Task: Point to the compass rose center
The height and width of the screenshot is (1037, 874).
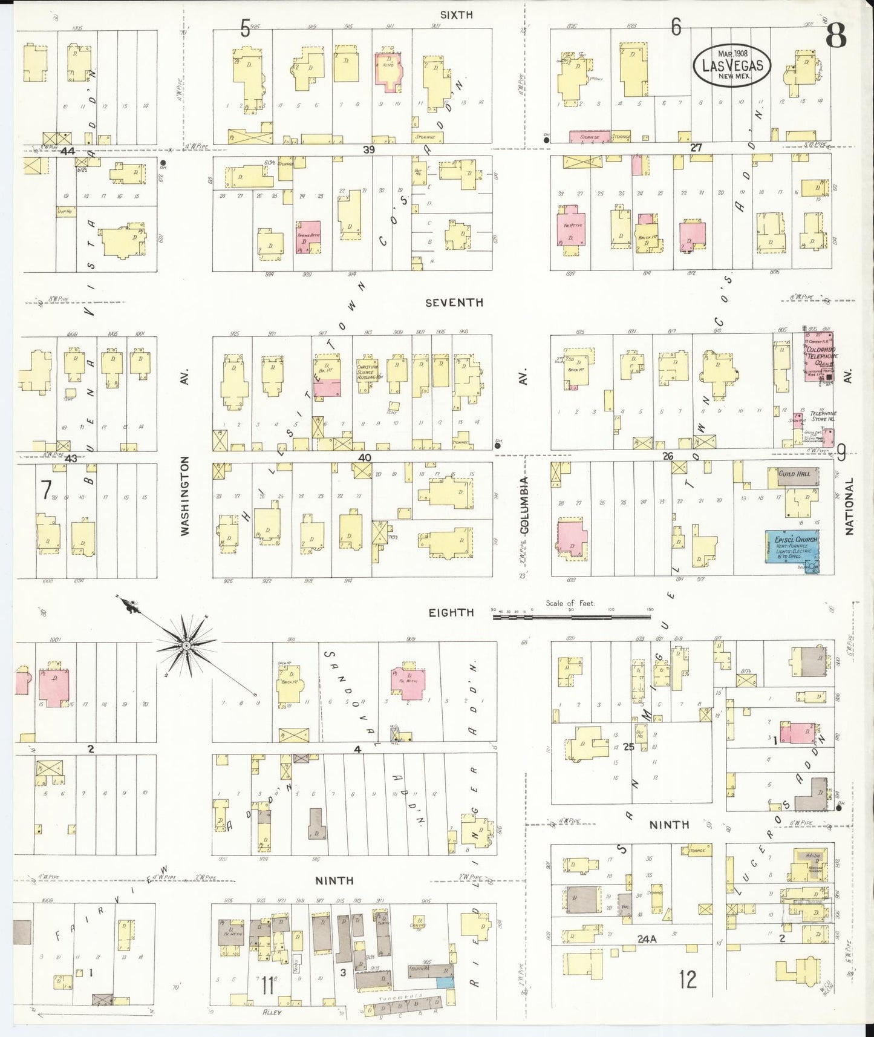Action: pos(187,646)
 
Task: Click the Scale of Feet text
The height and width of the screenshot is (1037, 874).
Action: pos(570,603)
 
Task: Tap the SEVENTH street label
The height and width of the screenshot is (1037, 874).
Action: pos(454,303)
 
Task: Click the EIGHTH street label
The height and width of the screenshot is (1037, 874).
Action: pos(451,612)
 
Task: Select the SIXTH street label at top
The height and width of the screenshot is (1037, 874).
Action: pos(456,15)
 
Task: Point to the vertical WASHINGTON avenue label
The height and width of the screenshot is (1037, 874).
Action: pos(185,495)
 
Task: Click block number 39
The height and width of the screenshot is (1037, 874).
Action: pos(368,149)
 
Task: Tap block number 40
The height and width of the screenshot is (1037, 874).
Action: pos(364,457)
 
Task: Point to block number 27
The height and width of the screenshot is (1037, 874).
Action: pos(696,147)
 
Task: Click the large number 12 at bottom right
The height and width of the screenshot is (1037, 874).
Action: pos(687,978)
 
